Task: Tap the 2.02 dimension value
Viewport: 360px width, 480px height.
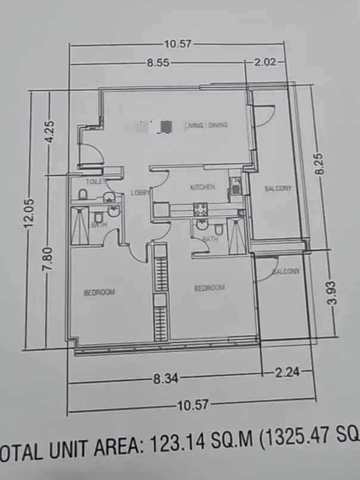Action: [264, 62]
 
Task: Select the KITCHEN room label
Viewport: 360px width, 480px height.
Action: [202, 188]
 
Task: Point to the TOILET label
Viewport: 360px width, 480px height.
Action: [95, 182]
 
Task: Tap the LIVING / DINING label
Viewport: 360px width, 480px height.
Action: [207, 125]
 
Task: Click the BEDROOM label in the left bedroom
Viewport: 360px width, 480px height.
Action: [99, 292]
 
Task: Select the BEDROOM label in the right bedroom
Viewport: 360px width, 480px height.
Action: [210, 288]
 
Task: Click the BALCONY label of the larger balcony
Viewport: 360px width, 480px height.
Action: [278, 189]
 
